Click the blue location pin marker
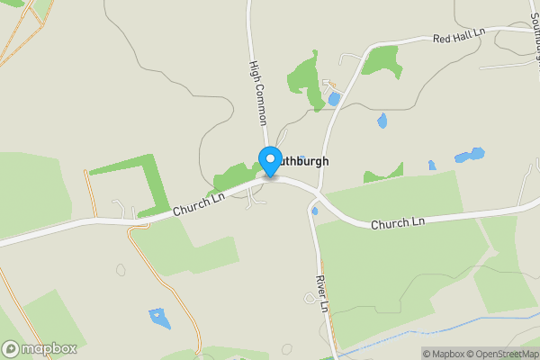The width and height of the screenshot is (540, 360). pos(269,161)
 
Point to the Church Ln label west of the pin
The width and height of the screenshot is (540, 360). pos(197,208)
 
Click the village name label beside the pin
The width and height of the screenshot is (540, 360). pos(301,162)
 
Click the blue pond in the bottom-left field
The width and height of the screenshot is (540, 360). pos(159,318)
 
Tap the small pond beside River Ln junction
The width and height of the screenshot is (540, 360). pos(314,211)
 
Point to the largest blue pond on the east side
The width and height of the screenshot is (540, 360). pos(470,155)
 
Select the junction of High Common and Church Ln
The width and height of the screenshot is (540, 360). pos(267,178)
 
